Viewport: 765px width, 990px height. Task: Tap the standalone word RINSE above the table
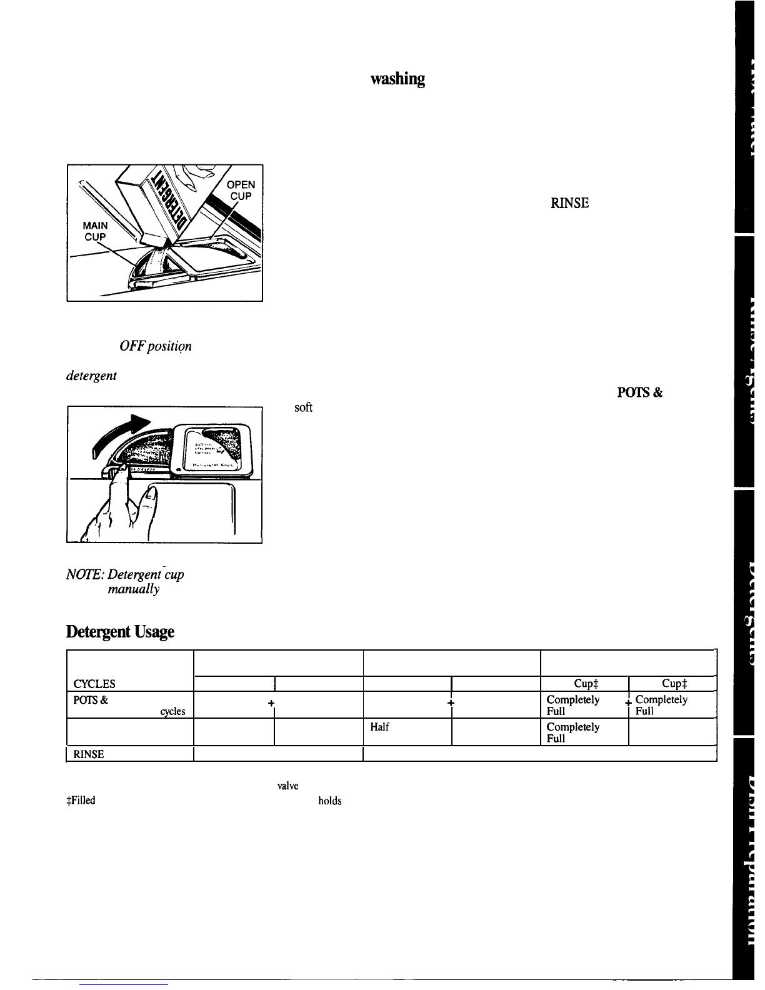click(569, 202)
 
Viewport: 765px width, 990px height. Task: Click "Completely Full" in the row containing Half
click(572, 732)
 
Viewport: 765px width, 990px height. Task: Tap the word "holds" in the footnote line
click(329, 800)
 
